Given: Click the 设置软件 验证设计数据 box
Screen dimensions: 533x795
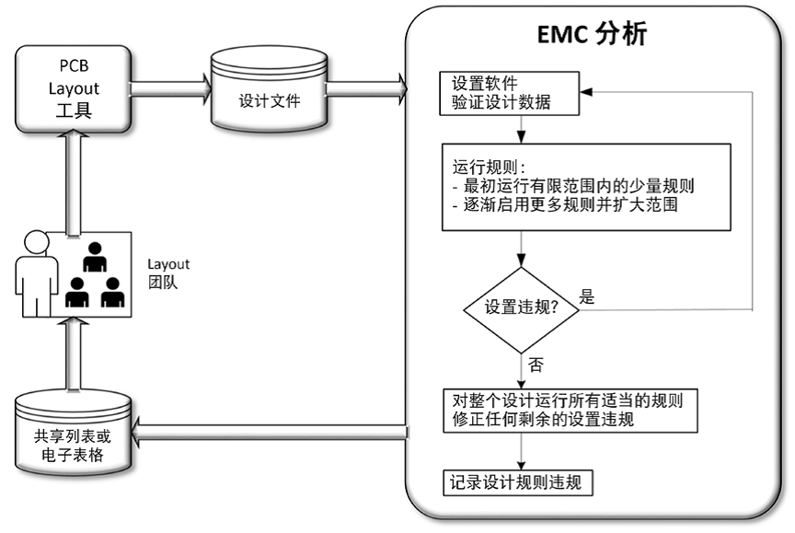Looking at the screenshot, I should [509, 93].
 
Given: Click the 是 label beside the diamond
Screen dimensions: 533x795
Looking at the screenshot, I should [588, 297].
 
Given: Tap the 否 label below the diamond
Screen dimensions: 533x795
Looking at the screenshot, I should [536, 365].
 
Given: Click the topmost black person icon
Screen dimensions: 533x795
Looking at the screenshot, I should [95, 257].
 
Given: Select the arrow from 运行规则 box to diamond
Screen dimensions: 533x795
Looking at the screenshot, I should [522, 249].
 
